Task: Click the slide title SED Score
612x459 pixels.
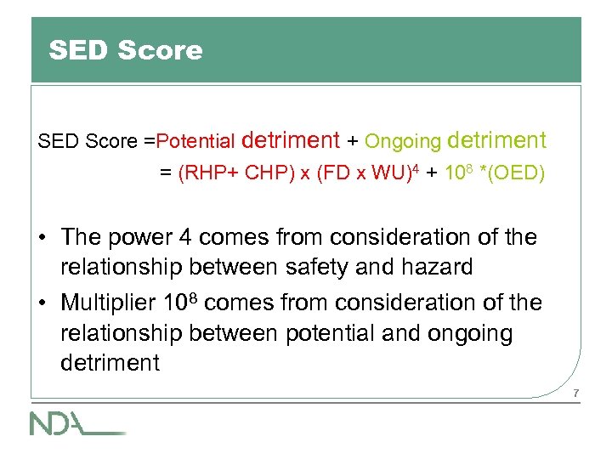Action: [x=126, y=50]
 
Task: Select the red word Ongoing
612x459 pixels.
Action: [x=404, y=141]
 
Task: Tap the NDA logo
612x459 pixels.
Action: [x=76, y=422]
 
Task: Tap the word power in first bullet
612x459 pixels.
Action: [x=154, y=238]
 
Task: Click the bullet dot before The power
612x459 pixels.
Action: [x=42, y=238]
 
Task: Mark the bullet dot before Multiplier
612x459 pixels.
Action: [x=42, y=303]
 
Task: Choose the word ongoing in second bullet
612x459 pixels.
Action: [x=465, y=333]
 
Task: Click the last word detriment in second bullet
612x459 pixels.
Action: [x=110, y=363]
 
